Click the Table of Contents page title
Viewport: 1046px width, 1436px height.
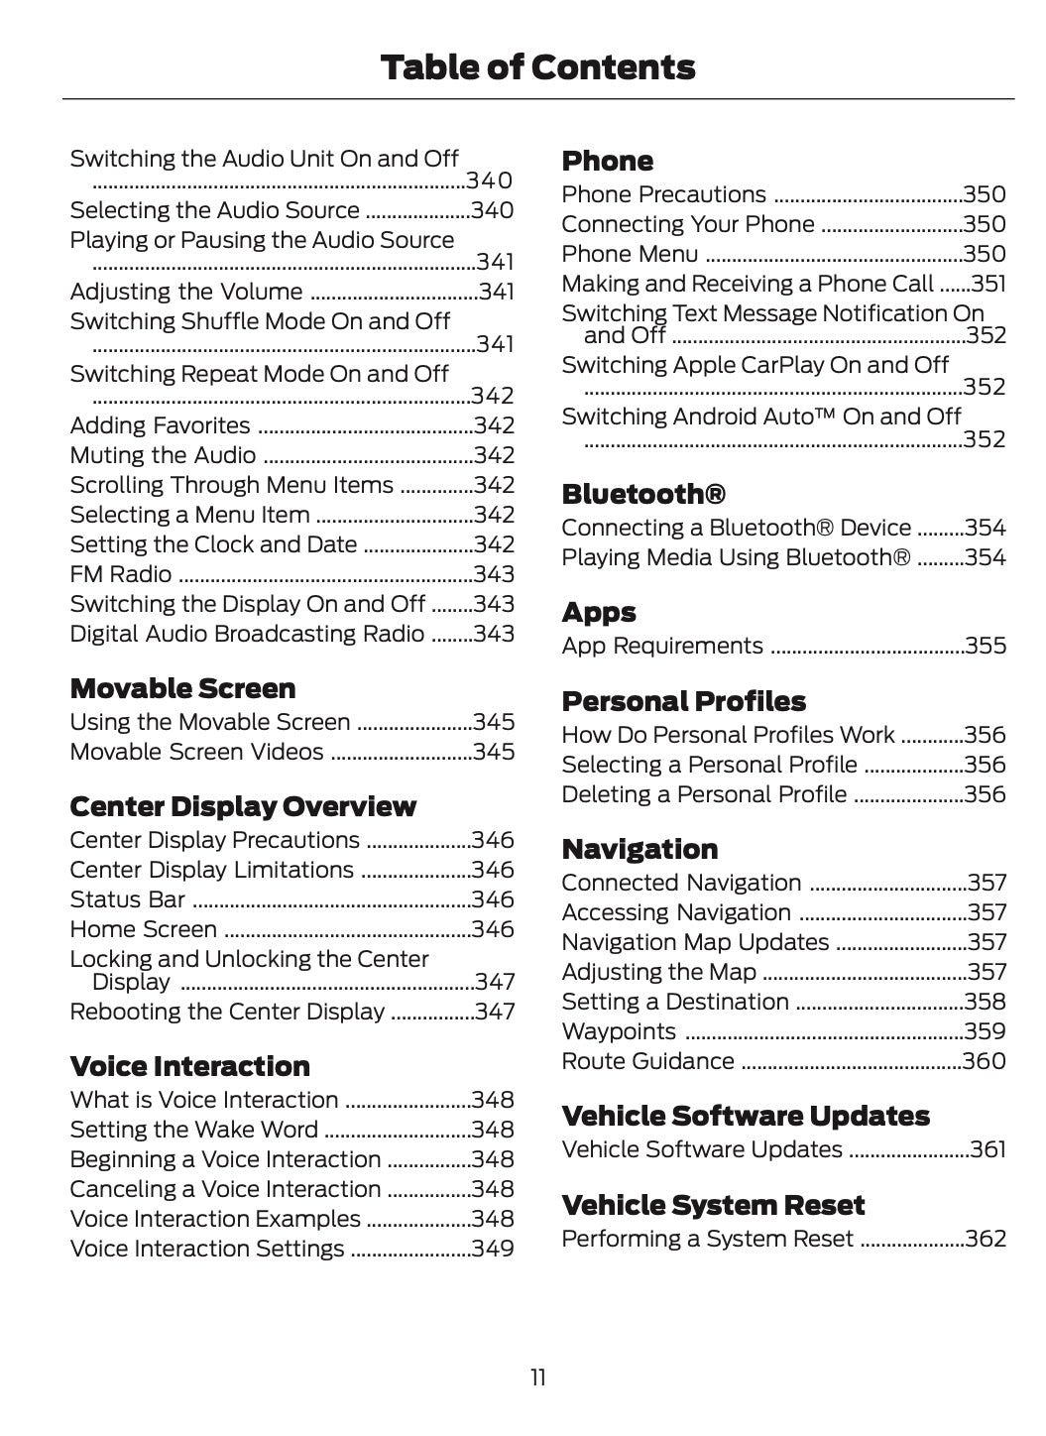pos(537,67)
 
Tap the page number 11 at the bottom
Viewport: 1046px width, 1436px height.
pos(537,1377)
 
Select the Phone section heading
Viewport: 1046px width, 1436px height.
pos(607,161)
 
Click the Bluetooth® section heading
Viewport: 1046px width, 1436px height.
pos(643,494)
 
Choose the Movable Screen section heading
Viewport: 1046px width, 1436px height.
pos(182,688)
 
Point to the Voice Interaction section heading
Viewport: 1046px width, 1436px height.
pos(189,1066)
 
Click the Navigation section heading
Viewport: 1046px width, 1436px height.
pos(639,849)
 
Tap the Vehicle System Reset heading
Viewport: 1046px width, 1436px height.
pos(713,1205)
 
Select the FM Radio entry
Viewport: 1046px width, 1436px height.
pos(120,574)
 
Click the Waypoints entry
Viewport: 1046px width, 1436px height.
pos(619,1031)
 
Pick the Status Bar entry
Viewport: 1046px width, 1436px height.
pos(127,899)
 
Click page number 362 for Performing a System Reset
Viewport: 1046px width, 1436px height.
pos(986,1239)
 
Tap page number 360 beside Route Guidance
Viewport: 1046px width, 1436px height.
pos(985,1061)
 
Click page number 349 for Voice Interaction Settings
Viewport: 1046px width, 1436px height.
pos(493,1249)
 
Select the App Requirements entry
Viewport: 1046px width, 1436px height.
pos(662,646)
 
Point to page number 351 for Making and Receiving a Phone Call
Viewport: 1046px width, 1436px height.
pos(988,284)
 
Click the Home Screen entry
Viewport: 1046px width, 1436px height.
pos(143,929)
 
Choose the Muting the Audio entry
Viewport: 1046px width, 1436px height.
pos(163,455)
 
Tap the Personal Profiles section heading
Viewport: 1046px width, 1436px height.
pos(683,701)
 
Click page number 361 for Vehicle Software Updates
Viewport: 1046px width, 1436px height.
pos(988,1149)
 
